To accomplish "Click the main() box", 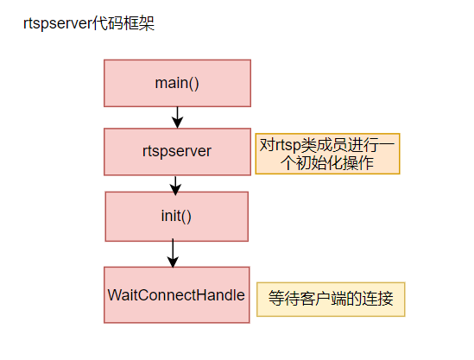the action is [177, 83].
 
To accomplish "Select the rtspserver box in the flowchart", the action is [177, 152].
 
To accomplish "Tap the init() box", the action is [176, 217].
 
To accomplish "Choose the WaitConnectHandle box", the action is [176, 295].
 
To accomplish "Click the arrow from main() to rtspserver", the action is [178, 117].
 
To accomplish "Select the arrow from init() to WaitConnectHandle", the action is [173, 253].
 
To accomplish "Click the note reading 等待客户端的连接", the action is [331, 300].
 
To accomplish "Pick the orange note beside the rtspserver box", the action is [327, 154].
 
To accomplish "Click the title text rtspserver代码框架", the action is [89, 23].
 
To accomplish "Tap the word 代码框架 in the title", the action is [123, 23].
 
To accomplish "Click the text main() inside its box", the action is [177, 83].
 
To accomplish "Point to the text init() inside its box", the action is [176, 216].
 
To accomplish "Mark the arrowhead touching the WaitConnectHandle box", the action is [173, 262].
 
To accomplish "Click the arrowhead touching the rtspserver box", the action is [178, 123].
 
